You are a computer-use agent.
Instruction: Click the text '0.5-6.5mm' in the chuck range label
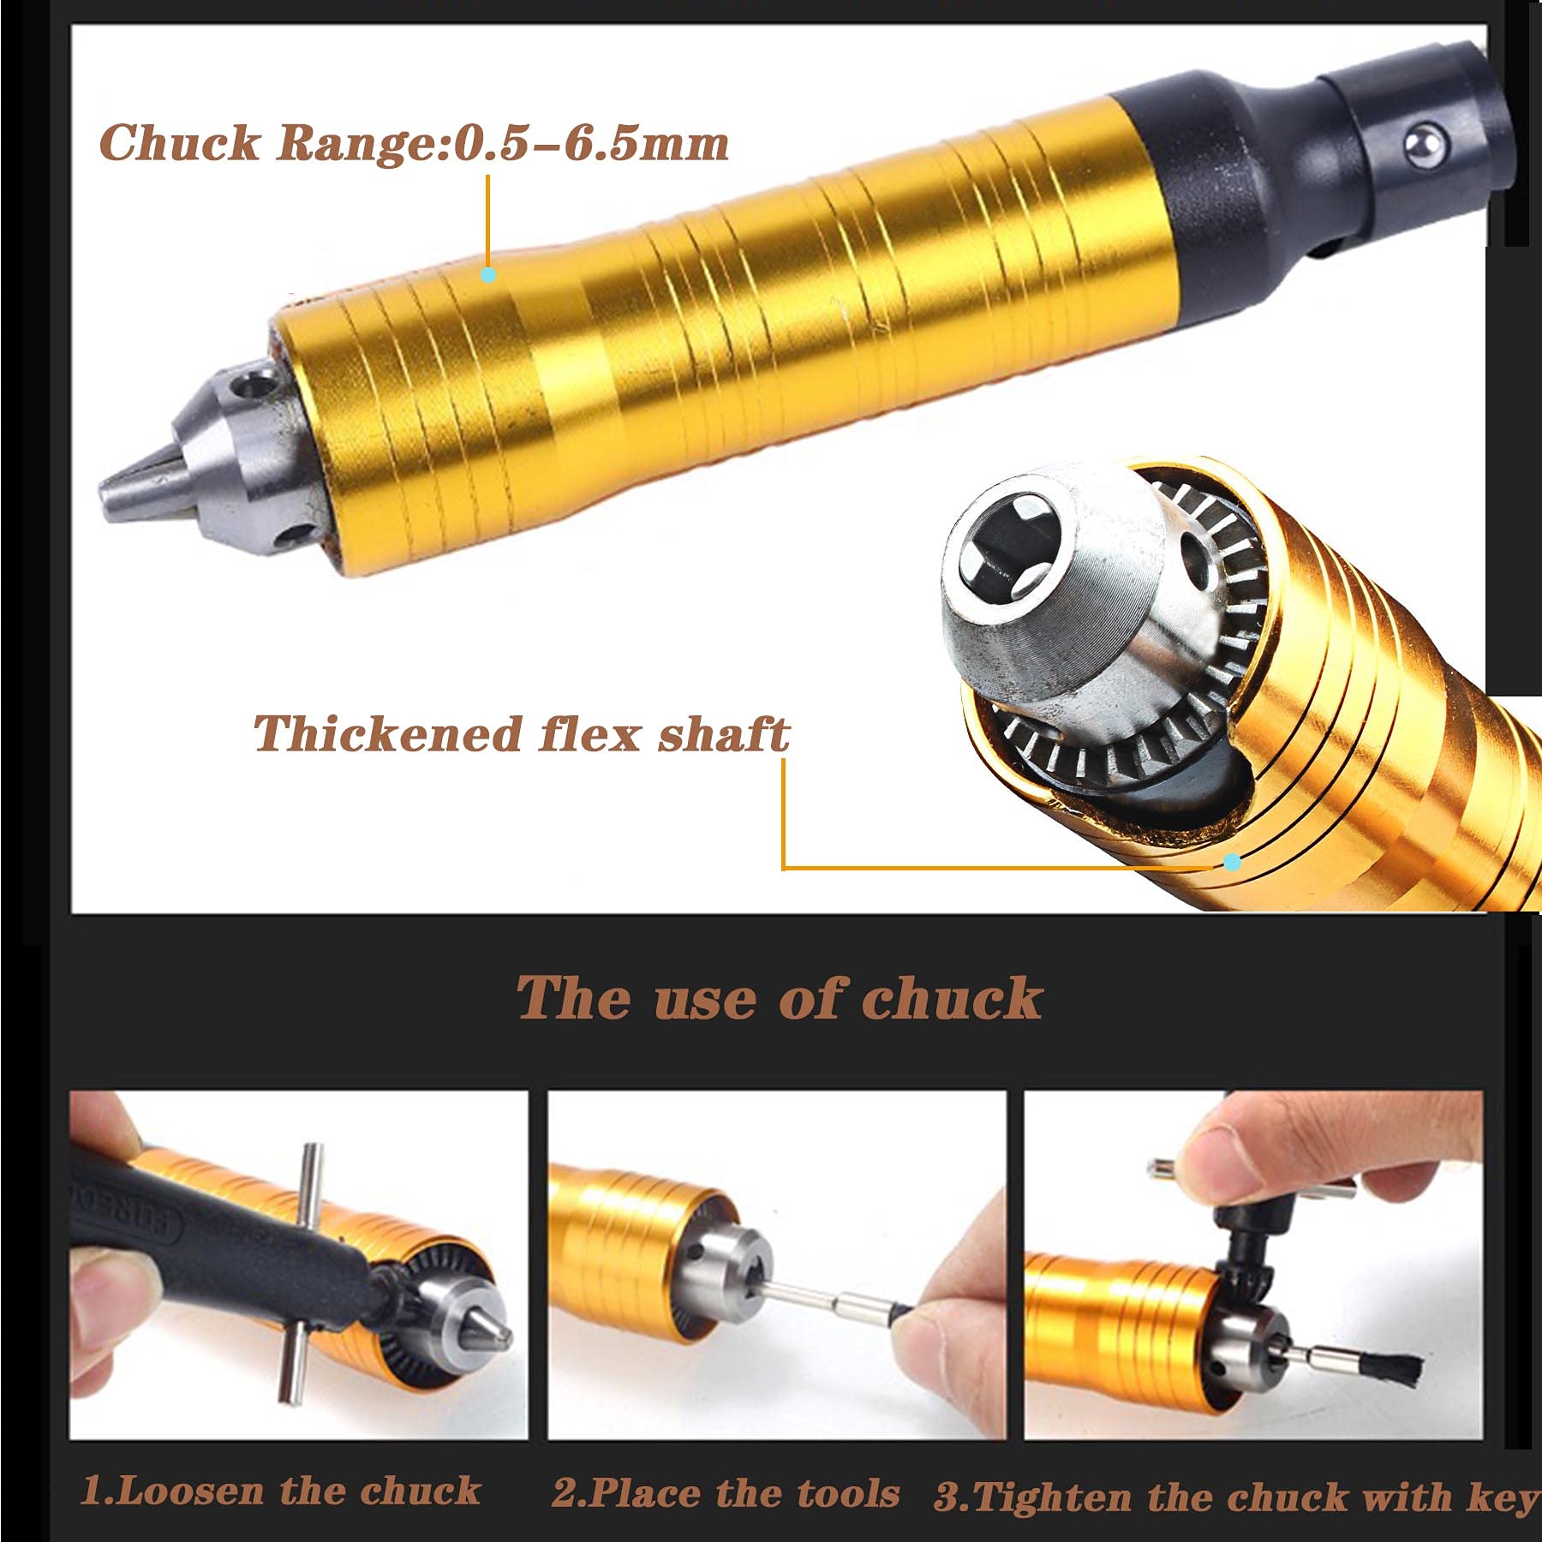pyautogui.click(x=591, y=143)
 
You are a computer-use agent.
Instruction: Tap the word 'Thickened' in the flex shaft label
pyautogui.click(x=387, y=734)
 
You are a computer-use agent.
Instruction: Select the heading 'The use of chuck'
pyautogui.click(x=779, y=998)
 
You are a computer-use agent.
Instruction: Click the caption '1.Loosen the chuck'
pyautogui.click(x=280, y=1491)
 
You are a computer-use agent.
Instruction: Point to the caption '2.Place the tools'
pyautogui.click(x=726, y=1493)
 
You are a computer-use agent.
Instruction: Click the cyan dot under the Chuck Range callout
pyautogui.click(x=488, y=275)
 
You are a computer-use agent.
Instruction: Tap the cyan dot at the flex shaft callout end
pyautogui.click(x=1232, y=862)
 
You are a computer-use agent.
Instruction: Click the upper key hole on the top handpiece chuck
pyautogui.click(x=252, y=383)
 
